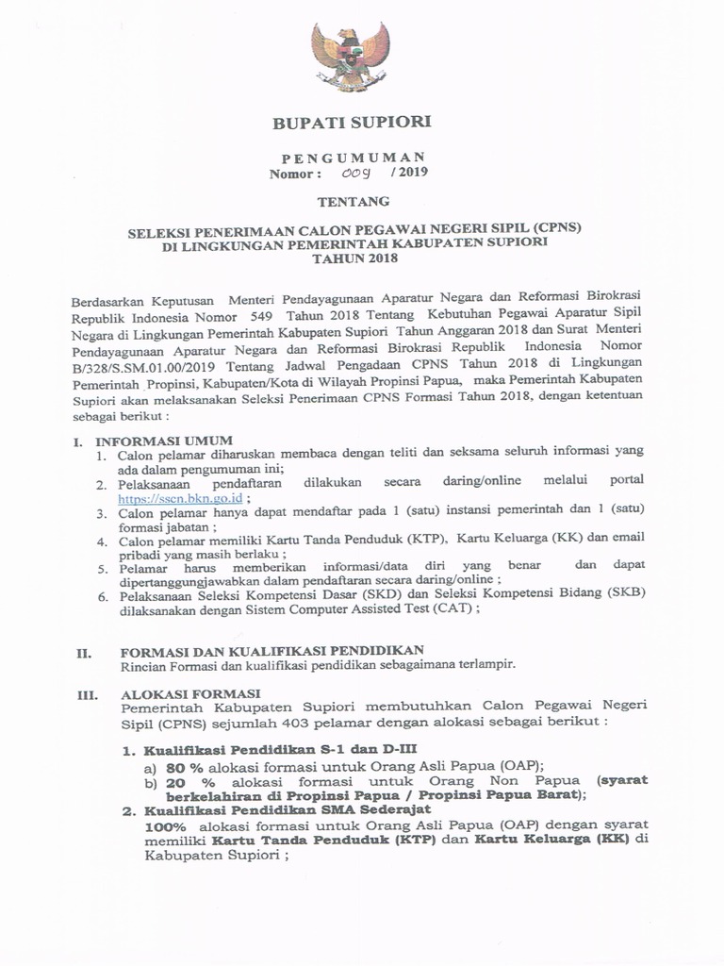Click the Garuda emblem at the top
(x=351, y=58)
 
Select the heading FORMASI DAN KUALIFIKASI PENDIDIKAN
(x=271, y=650)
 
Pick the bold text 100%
(x=166, y=824)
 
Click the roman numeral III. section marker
(x=88, y=692)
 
